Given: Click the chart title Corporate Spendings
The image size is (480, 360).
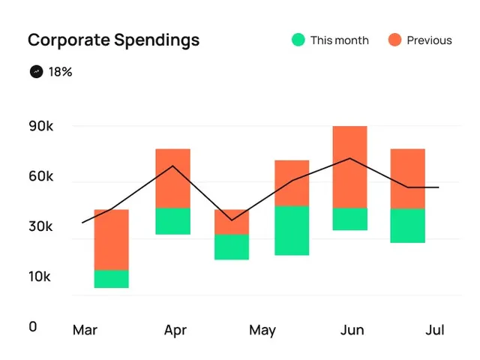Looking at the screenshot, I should point(113,40).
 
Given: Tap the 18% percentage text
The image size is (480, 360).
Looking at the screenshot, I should point(61,72).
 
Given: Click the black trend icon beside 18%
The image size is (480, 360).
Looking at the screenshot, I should point(36,72).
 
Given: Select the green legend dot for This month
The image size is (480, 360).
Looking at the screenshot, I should point(298,40).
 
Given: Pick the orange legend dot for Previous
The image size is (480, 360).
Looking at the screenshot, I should point(395,40).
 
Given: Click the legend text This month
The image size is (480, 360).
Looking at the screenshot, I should point(340,40).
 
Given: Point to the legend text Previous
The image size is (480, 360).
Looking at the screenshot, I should point(429,40).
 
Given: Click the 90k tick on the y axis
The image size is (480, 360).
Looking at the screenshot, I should point(41,127).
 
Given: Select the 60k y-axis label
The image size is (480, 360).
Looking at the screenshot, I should point(41,177).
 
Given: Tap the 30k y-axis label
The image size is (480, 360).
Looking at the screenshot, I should point(41,226).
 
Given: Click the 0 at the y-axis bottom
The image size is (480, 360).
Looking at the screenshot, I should point(33,327).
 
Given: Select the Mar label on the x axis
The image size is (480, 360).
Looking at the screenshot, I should point(85,330).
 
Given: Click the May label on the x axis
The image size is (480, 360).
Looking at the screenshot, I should point(262,330).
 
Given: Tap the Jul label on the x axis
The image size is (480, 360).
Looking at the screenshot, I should point(435,330).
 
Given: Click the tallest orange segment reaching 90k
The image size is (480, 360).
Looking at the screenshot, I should point(350,166).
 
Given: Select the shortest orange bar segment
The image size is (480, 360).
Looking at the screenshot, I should point(232,222).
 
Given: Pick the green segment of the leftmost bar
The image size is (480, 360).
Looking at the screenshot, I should point(111,278).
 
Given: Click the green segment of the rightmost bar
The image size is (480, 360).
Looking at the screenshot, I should point(407,225).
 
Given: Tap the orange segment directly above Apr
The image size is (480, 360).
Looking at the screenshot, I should point(172,178).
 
